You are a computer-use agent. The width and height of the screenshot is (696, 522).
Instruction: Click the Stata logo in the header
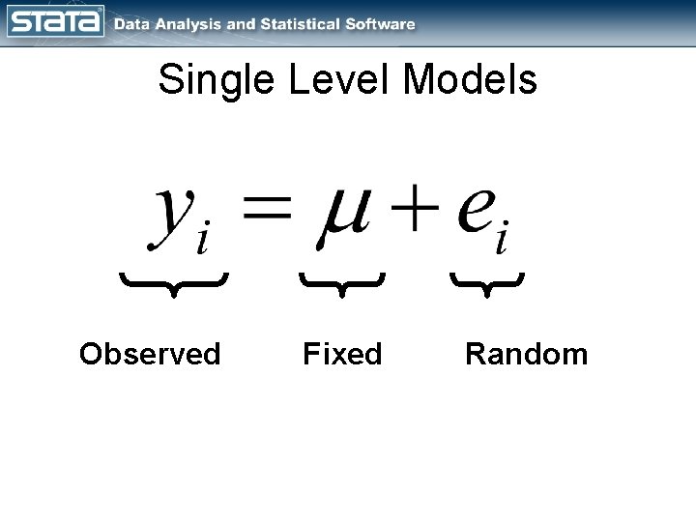click(55, 22)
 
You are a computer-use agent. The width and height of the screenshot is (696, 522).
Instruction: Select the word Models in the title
click(471, 80)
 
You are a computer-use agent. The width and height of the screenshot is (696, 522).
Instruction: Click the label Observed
click(150, 355)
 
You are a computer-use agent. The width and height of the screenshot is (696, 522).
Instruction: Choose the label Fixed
click(342, 355)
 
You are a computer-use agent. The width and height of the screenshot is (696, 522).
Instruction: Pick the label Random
click(526, 355)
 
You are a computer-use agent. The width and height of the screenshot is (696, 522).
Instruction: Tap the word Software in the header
click(381, 24)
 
